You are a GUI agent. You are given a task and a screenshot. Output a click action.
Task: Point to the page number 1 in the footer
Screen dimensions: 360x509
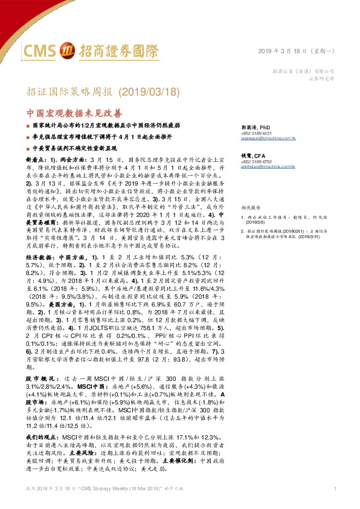coord(334,488)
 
